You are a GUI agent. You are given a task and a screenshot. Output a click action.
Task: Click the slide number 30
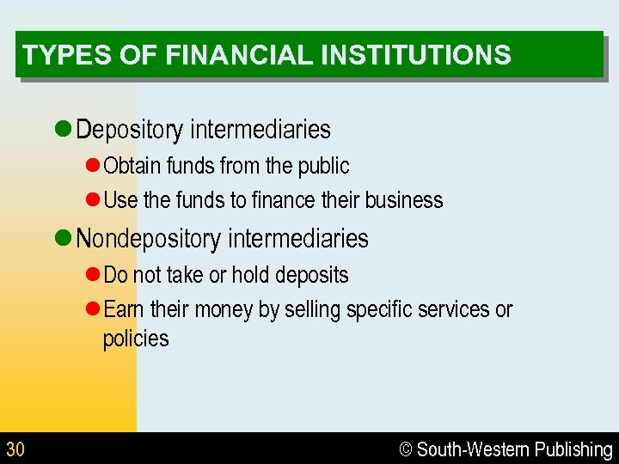(x=15, y=449)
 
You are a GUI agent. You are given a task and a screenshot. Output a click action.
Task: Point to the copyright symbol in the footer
(x=407, y=449)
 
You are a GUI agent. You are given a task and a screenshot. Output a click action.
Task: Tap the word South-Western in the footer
(x=474, y=449)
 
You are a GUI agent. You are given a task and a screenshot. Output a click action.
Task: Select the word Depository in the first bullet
(x=130, y=130)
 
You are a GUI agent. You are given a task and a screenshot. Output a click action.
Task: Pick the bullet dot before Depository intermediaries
(x=62, y=130)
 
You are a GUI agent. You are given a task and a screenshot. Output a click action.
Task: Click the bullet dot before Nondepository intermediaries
(x=62, y=239)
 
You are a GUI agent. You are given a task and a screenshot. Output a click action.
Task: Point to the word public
(x=324, y=165)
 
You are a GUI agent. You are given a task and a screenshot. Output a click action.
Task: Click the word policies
(x=136, y=339)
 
